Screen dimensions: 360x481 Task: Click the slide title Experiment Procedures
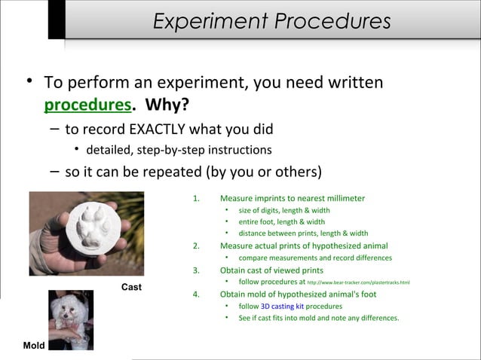pyautogui.click(x=271, y=22)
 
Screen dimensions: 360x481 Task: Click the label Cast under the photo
pyautogui.click(x=131, y=288)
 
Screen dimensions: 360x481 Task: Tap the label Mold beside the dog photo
pyautogui.click(x=34, y=345)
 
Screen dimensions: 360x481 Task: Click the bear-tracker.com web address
pyautogui.click(x=359, y=282)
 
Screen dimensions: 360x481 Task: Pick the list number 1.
pyautogui.click(x=196, y=198)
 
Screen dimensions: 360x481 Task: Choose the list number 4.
pyautogui.click(x=196, y=294)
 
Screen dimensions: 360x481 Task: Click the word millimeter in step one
pyautogui.click(x=342, y=198)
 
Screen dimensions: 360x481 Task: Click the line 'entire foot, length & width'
pyautogui.click(x=281, y=222)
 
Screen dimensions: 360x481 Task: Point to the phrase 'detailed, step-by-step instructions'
pyautogui.click(x=179, y=150)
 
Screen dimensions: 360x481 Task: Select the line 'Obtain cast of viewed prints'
pyautogui.click(x=271, y=270)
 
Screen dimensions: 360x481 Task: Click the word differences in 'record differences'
pyautogui.click(x=369, y=258)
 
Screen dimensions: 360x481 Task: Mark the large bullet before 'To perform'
pyautogui.click(x=28, y=80)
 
